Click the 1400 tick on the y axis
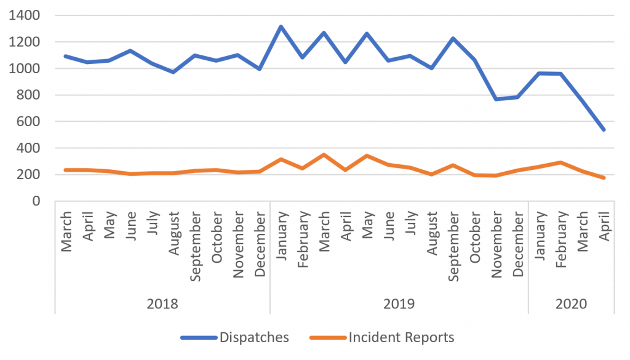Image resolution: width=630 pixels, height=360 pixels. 25,15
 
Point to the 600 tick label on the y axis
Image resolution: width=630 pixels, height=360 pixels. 29,121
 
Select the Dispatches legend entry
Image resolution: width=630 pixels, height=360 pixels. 234,337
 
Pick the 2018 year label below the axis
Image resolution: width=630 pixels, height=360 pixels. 162,304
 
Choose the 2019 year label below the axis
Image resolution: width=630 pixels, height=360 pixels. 399,304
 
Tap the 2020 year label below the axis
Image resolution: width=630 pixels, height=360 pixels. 571,304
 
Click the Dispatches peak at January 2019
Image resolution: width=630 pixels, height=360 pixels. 281,26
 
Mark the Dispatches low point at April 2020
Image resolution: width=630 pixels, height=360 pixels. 604,130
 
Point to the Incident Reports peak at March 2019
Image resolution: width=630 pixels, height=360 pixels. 324,154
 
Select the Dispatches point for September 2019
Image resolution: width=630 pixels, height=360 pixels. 453,38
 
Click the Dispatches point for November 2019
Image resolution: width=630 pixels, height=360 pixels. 496,99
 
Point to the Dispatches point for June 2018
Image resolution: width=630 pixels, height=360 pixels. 130,50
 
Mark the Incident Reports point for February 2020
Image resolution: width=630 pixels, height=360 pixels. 561,162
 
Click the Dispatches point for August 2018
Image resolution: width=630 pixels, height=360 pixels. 173,72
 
